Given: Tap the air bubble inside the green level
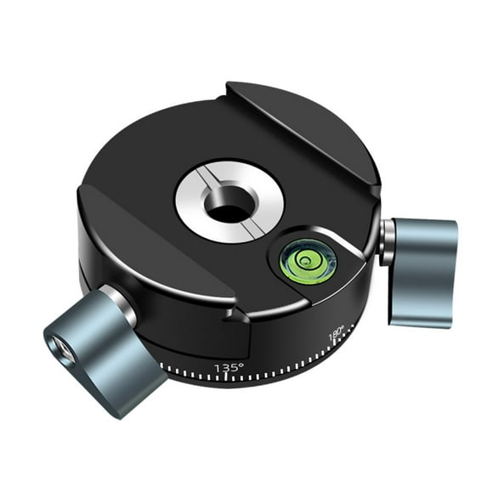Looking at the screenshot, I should [303, 258].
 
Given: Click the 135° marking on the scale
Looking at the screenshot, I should [229, 367].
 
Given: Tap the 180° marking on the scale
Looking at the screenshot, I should [336, 332].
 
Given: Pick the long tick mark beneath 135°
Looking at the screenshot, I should [227, 379].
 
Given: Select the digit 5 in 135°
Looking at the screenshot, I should [235, 367].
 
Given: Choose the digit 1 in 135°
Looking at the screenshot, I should [218, 368].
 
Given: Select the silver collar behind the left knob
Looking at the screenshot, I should [119, 302].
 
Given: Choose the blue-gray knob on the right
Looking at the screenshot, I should [422, 270].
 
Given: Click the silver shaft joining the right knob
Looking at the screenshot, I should [387, 241].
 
